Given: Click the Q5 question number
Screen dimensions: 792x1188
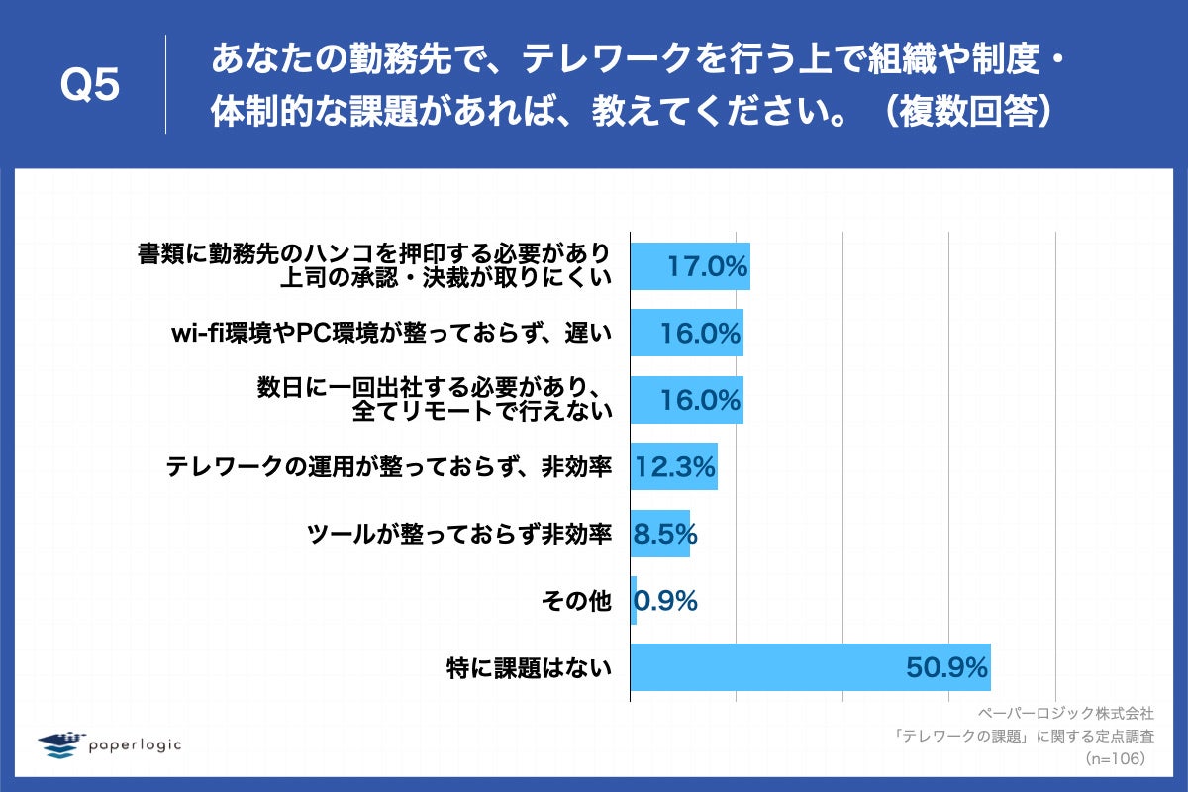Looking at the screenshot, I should click(x=91, y=86).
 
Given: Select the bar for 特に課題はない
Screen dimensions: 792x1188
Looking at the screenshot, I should click(x=810, y=668).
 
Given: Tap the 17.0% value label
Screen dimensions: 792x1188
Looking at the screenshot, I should click(x=706, y=266).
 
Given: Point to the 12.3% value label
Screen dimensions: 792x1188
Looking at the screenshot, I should click(x=674, y=467).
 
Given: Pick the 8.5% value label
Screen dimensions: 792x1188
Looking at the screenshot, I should click(x=665, y=535).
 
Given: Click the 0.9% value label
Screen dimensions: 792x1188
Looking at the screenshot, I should click(x=665, y=601).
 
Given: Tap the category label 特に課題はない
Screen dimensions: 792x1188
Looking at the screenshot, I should click(x=529, y=668).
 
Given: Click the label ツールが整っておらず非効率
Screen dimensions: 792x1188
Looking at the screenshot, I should click(x=459, y=535).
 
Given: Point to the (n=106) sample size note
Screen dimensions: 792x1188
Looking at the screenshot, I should click(x=1115, y=758).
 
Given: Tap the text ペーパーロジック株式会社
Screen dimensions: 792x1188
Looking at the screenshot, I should click(x=1065, y=713).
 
